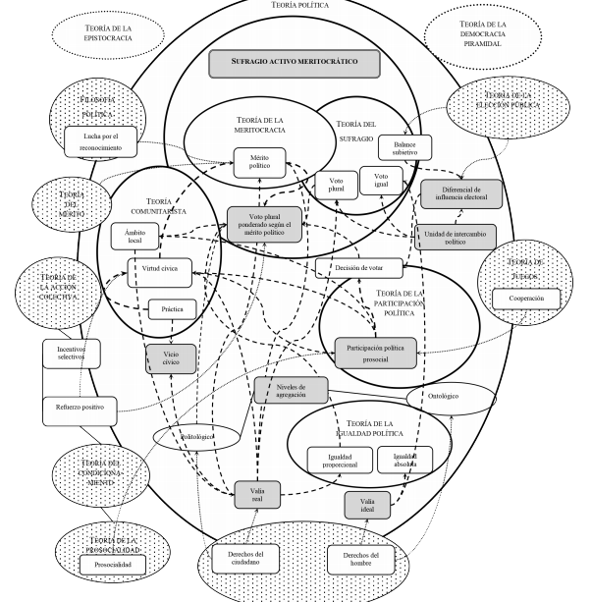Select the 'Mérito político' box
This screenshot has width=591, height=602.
coord(259,160)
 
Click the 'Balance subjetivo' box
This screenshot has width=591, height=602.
coord(399,145)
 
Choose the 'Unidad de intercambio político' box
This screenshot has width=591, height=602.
coord(457,236)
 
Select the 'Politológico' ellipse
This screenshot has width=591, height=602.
coord(196,433)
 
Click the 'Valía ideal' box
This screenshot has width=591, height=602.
coord(367,504)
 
